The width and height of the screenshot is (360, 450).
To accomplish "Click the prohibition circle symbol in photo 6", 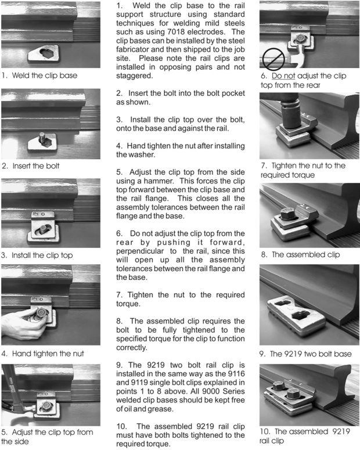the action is tap(273, 59).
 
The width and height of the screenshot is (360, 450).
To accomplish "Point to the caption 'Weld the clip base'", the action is tap(45, 75).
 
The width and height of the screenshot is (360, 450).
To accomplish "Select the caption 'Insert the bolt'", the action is tap(36, 166).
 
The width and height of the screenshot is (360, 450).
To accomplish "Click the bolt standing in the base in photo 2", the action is tap(42, 137).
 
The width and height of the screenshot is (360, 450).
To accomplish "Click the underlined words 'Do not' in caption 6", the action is tap(283, 75).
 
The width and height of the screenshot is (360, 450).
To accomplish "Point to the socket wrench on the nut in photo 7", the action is tap(289, 112).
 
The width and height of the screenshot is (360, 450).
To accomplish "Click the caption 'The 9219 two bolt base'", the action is tap(311, 354).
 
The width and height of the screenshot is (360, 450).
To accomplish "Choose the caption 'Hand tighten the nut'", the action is tap(48, 354).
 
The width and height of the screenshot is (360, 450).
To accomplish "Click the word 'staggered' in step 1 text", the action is tap(134, 76).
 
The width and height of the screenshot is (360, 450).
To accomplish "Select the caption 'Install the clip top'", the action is tap(42, 255).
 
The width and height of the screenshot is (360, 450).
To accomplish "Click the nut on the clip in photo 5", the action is tap(46, 406).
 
